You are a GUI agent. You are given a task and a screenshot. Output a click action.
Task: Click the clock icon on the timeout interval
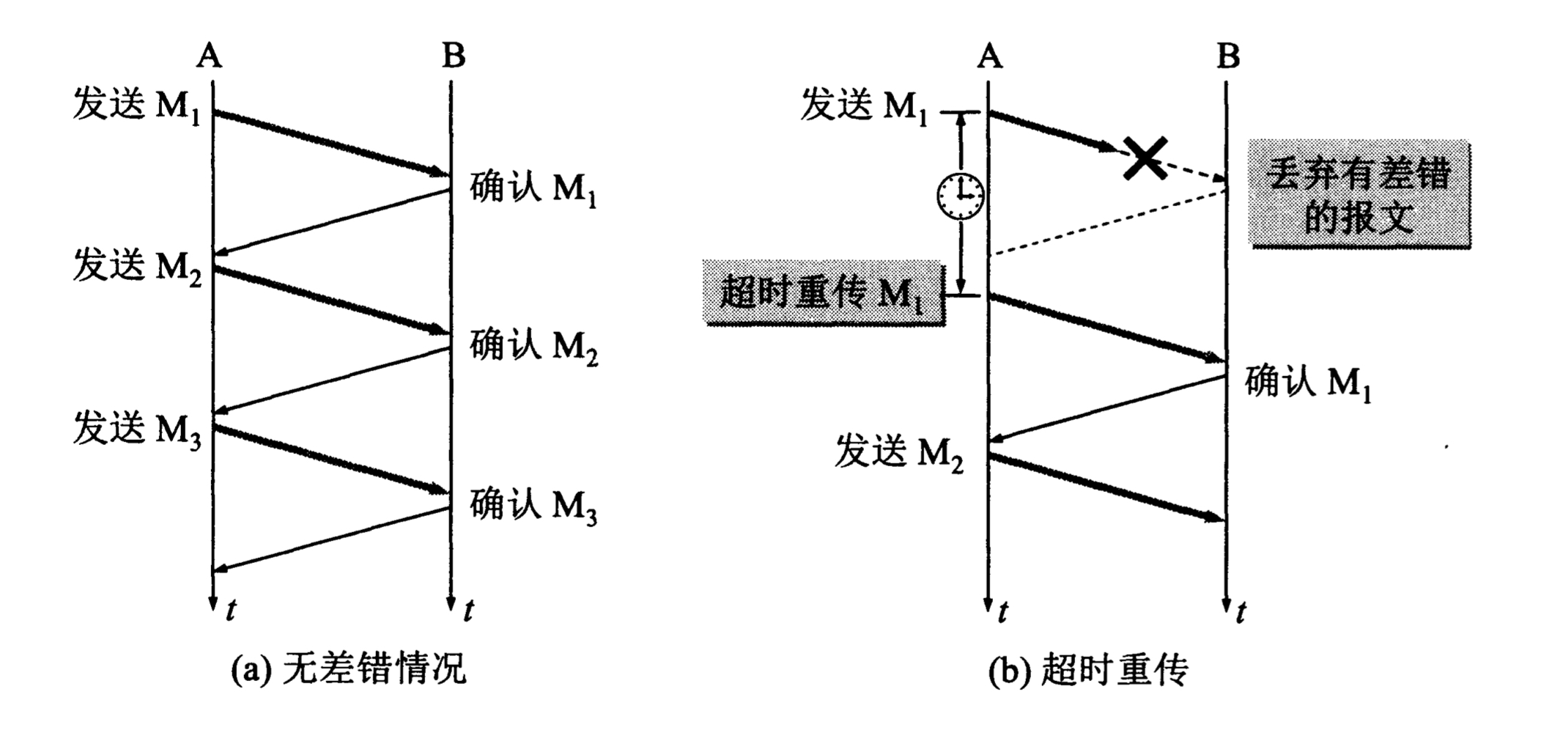(x=961, y=196)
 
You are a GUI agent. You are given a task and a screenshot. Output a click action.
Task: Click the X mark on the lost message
(x=1145, y=159)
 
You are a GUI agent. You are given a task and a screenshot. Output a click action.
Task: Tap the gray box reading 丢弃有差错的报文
(x=1359, y=194)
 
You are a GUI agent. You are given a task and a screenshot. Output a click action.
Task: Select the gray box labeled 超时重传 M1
(x=823, y=292)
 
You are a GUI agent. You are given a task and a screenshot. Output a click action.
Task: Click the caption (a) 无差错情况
(x=349, y=668)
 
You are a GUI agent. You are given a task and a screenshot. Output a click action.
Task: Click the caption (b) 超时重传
(x=1088, y=669)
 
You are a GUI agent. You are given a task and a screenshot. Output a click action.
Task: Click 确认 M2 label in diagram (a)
(x=533, y=346)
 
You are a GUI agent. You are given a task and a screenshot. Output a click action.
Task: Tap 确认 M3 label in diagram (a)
(x=533, y=506)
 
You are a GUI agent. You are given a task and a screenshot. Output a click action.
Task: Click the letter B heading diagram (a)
(x=454, y=55)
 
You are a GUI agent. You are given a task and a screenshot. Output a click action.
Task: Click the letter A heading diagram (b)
(x=989, y=55)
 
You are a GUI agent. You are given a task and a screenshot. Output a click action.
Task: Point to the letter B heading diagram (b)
(x=1228, y=55)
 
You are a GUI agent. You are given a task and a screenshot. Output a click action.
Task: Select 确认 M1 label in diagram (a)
(x=533, y=189)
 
